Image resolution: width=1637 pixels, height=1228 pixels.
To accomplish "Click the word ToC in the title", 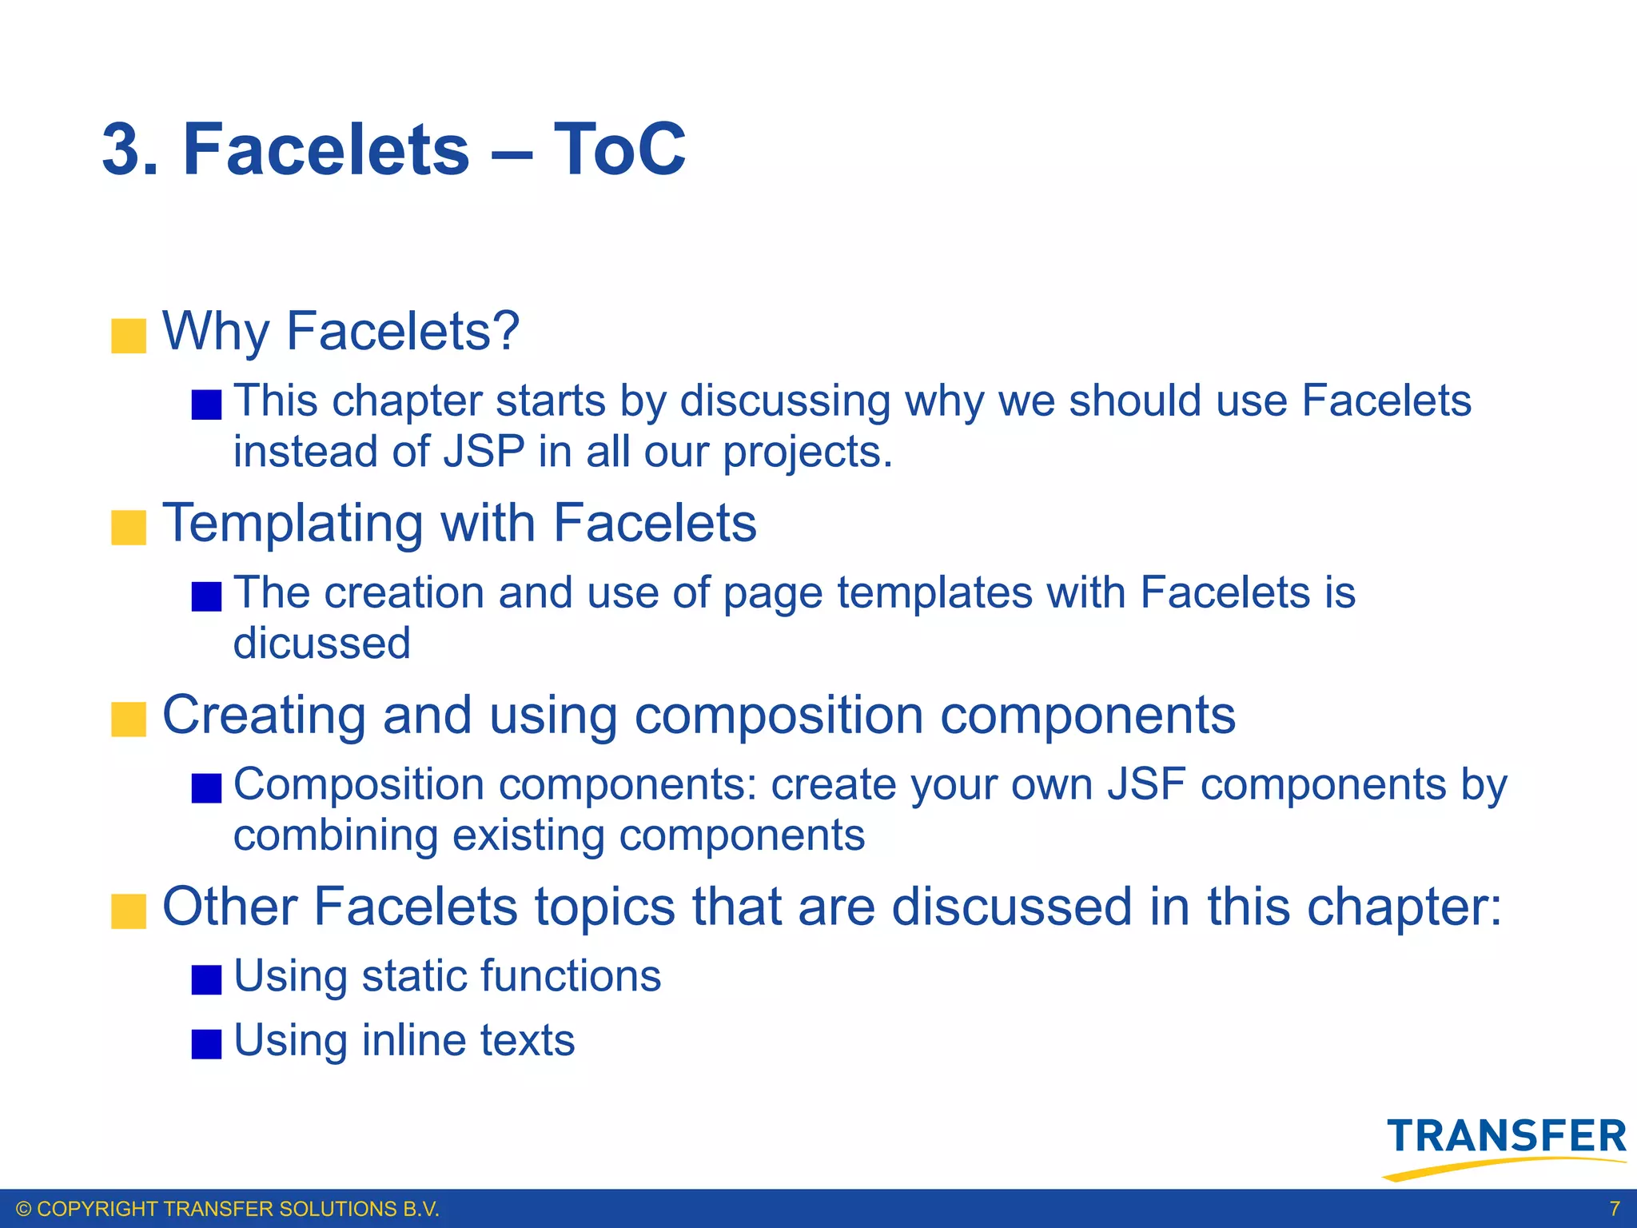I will point(619,150).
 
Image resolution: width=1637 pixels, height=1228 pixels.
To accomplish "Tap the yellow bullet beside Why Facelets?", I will point(129,336).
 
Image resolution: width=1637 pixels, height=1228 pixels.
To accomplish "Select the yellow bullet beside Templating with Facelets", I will point(129,528).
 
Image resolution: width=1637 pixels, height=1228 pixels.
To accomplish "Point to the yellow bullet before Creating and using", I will point(129,719).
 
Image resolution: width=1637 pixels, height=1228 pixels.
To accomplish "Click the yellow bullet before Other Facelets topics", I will point(129,911).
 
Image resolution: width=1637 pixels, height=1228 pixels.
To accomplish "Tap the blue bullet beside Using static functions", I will point(206,979).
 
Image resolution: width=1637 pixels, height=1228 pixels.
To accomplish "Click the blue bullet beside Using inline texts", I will point(206,1043).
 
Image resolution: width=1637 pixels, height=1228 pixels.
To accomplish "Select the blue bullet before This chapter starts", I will point(206,405).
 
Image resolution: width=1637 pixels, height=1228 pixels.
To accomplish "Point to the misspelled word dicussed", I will point(322,644).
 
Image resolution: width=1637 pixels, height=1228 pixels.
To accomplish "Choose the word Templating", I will point(293,524).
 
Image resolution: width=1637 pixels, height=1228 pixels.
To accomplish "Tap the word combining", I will point(336,835).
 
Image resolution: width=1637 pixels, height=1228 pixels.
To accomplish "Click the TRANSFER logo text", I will point(1508,1136).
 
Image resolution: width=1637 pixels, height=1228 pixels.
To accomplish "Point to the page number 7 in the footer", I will point(1615,1208).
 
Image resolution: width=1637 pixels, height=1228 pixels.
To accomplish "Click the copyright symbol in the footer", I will point(24,1209).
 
